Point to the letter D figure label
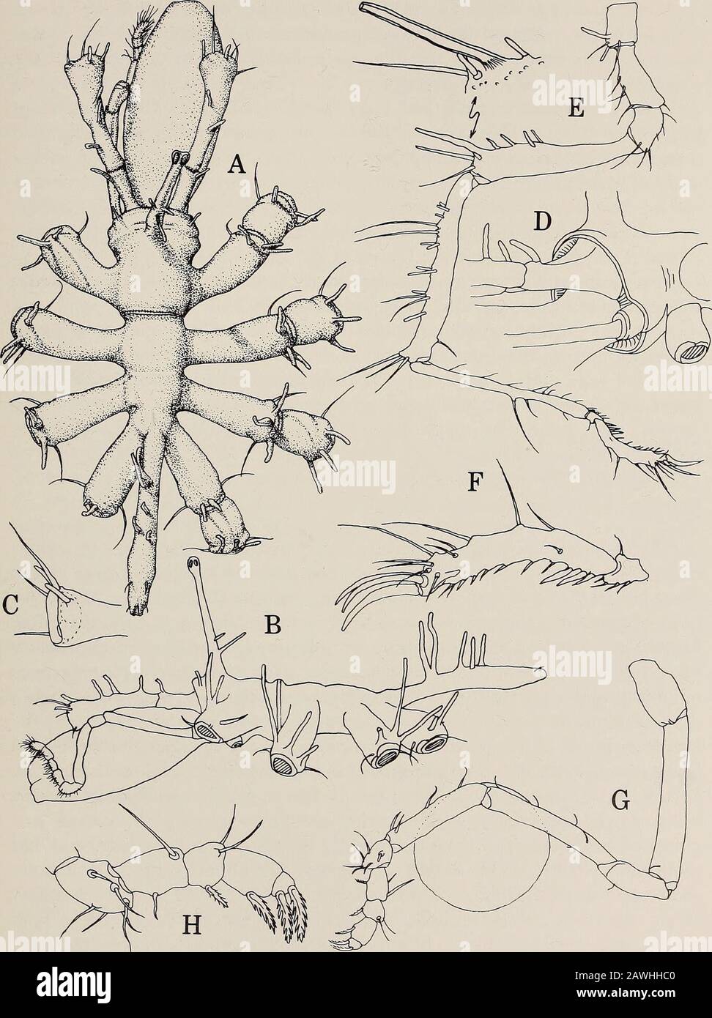(x=541, y=222)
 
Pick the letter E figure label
(x=575, y=109)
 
